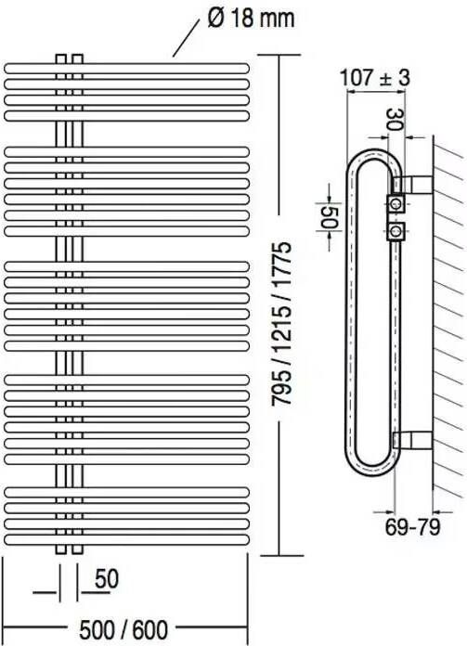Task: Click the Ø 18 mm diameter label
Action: pyautogui.click(x=251, y=19)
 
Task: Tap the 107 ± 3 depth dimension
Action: pyautogui.click(x=375, y=77)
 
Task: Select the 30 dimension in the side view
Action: pyautogui.click(x=395, y=120)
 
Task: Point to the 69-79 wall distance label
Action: pyautogui.click(x=412, y=526)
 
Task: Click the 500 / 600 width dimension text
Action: pyautogui.click(x=123, y=629)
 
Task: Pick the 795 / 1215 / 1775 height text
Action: pyautogui.click(x=281, y=324)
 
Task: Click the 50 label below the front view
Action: pyautogui.click(x=107, y=578)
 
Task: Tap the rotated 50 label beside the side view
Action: pyautogui.click(x=330, y=217)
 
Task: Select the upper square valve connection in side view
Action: pyautogui.click(x=396, y=203)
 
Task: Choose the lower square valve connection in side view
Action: pyautogui.click(x=396, y=231)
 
